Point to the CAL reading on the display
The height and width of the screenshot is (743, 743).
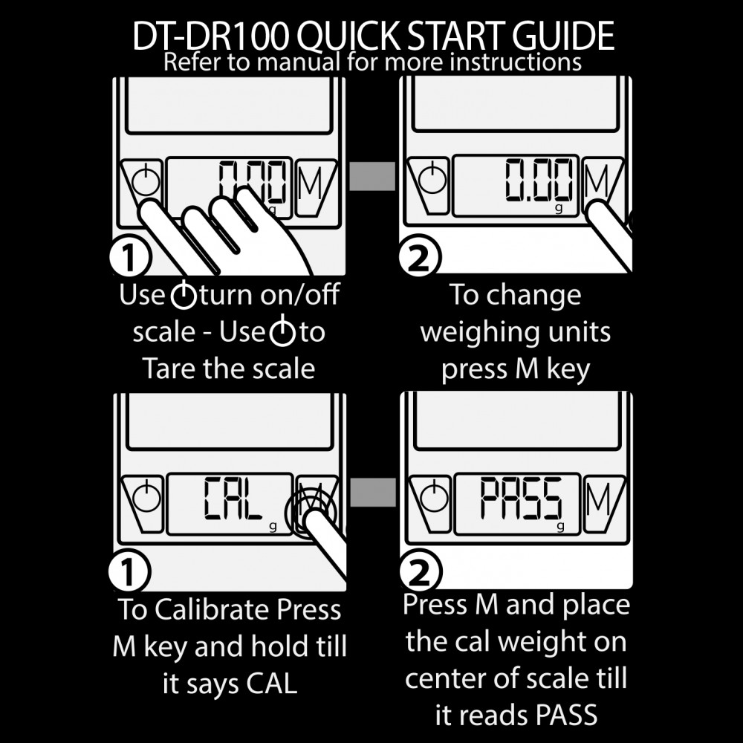tap(233, 498)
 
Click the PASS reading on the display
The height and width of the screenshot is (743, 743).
tap(522, 498)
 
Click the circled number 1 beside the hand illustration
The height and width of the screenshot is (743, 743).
tap(129, 258)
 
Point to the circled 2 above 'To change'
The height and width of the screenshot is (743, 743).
tap(419, 257)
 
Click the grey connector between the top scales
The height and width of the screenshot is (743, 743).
tap(372, 176)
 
